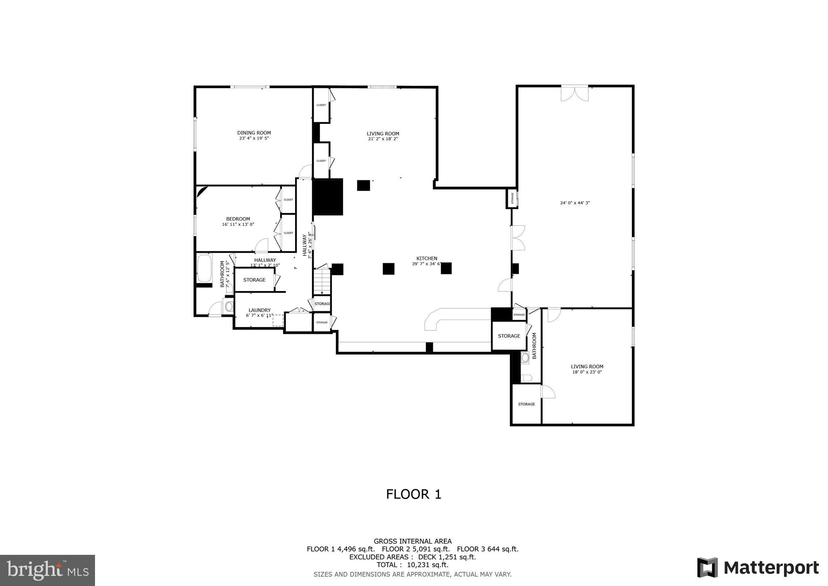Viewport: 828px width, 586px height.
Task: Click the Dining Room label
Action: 254,133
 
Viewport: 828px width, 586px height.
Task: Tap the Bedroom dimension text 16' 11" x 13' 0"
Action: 238,225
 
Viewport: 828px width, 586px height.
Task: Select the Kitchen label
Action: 427,259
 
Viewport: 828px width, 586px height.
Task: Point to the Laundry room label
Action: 260,310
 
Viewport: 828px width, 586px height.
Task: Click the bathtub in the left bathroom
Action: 204,268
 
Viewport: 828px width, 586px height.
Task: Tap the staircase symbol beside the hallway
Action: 322,282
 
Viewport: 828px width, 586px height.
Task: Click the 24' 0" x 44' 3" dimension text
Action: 575,203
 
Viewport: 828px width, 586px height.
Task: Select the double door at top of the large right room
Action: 575,93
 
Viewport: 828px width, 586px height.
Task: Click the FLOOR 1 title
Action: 414,494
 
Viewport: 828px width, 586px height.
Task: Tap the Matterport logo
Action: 758,567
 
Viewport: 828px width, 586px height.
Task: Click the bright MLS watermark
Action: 48,571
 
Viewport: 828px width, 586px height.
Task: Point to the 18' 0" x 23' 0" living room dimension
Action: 587,372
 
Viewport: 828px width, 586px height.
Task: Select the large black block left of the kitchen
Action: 328,197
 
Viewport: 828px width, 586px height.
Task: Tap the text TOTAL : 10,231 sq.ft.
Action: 412,565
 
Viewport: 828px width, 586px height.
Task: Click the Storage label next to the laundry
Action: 254,280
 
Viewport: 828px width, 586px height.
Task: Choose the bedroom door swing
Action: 262,245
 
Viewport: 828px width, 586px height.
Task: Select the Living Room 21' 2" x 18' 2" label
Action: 383,136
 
